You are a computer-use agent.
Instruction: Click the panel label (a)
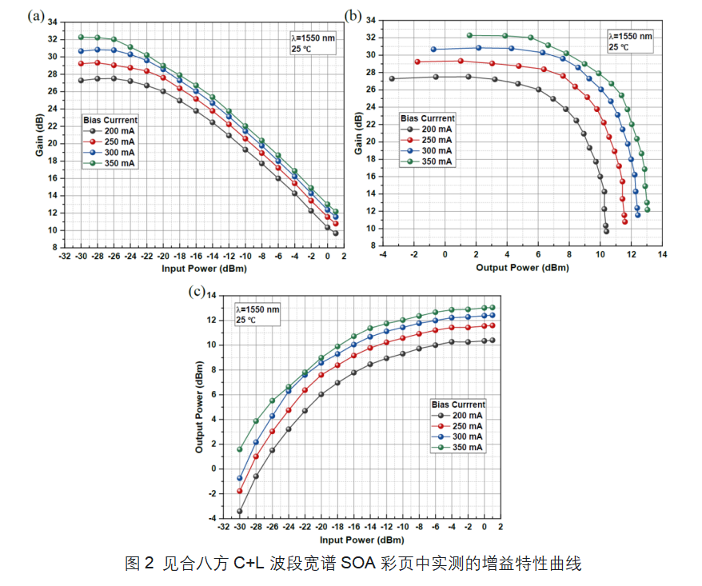click(34, 15)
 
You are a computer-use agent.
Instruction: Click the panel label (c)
click(197, 290)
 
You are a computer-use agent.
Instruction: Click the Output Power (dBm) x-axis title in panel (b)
click(522, 267)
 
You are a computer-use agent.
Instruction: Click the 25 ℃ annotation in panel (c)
click(245, 320)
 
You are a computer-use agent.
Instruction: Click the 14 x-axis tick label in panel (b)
click(663, 254)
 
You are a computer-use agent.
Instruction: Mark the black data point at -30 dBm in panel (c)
click(239, 511)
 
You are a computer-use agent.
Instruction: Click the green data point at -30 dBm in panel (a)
click(81, 37)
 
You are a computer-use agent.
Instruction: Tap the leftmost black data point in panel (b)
click(392, 78)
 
